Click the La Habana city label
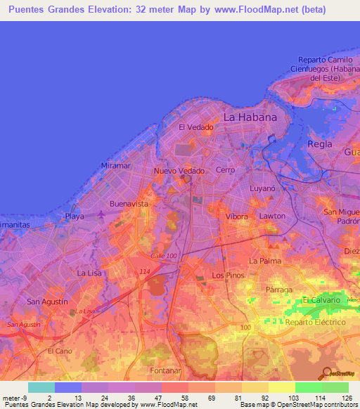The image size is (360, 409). click(x=250, y=117)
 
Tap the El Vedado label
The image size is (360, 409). click(x=195, y=127)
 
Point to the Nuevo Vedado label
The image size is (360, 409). click(x=179, y=171)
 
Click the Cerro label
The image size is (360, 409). click(x=226, y=171)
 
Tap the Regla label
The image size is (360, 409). click(x=320, y=144)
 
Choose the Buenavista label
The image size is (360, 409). click(x=129, y=204)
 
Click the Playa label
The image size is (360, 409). click(x=74, y=216)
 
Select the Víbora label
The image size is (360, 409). click(x=236, y=216)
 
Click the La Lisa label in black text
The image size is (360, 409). click(x=90, y=273)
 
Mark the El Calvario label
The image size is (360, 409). click(x=321, y=300)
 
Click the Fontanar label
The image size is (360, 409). click(x=165, y=370)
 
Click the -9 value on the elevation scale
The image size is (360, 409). click(x=25, y=396)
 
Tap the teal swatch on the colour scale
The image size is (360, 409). click(x=41, y=387)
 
